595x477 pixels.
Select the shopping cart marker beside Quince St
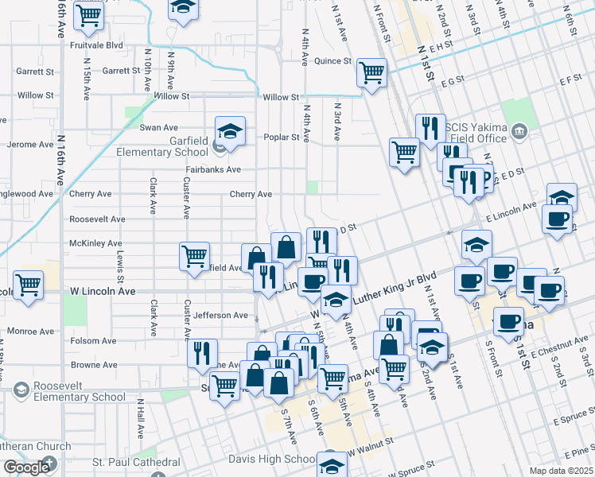click(x=371, y=72)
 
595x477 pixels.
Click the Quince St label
click(x=332, y=61)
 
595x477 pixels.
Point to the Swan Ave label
click(x=159, y=127)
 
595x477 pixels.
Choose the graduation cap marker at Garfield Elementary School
click(x=230, y=131)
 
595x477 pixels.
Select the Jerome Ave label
click(x=30, y=145)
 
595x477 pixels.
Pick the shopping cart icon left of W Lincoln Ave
click(x=29, y=285)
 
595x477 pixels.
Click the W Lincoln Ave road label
click(x=103, y=292)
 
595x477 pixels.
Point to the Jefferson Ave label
click(x=220, y=316)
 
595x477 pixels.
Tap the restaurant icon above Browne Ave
click(x=202, y=352)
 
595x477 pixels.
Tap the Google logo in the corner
click(x=27, y=467)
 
